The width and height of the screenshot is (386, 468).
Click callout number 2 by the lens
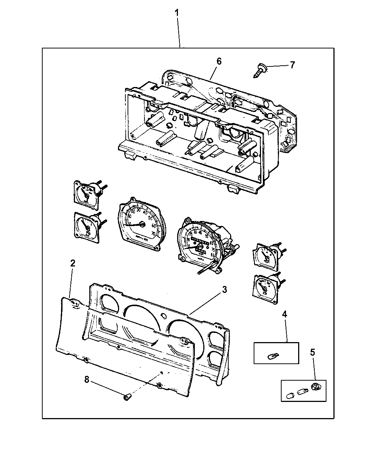pyautogui.click(x=73, y=263)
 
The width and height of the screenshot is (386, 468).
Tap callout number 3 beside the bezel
pyautogui.click(x=224, y=289)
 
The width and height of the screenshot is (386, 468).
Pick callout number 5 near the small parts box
pyautogui.click(x=312, y=352)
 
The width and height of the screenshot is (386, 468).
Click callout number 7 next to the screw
pyautogui.click(x=292, y=65)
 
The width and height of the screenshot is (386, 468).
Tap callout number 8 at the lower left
pyautogui.click(x=87, y=379)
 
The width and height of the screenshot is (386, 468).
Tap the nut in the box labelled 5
pyautogui.click(x=315, y=386)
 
